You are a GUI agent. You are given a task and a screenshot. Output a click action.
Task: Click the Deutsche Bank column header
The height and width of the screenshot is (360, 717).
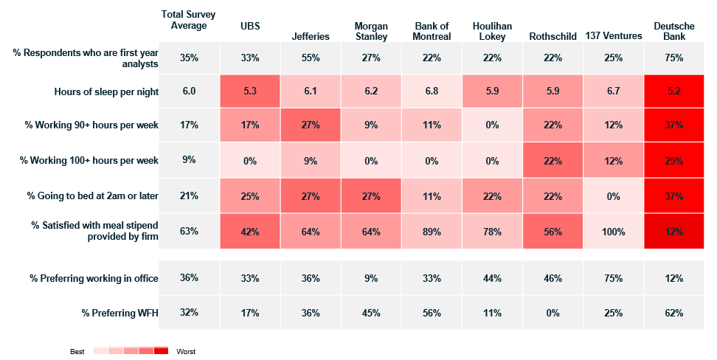point(673,31)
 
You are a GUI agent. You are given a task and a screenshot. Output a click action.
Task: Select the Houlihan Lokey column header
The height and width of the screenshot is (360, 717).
point(492,31)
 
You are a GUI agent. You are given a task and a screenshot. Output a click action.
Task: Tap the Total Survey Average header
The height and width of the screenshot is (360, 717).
point(188,20)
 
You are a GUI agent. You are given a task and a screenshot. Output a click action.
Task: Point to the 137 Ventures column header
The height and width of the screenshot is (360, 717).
point(613,35)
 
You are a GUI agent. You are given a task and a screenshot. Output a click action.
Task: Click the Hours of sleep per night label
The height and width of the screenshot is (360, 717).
point(106,91)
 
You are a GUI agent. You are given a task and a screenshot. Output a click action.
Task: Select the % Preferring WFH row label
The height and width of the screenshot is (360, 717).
point(119,313)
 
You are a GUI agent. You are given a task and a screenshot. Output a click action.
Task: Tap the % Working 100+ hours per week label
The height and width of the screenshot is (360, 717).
point(89,161)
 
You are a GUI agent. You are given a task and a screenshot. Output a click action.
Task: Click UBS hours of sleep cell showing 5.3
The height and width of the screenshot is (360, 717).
point(250,91)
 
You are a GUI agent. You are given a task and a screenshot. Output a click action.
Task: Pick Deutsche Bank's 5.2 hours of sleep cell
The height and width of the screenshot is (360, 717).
point(674,91)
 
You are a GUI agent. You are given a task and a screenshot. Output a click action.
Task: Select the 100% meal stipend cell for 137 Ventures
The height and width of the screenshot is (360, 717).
point(613,232)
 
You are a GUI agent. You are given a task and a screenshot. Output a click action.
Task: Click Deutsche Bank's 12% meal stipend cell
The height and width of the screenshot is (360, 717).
point(674,232)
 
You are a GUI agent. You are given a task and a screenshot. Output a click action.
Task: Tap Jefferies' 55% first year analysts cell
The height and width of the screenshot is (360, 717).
point(311,58)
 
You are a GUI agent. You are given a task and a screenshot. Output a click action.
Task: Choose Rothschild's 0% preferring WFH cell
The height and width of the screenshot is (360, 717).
point(553,313)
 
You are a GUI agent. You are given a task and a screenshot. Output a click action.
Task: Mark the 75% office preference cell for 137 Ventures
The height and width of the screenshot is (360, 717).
point(613,278)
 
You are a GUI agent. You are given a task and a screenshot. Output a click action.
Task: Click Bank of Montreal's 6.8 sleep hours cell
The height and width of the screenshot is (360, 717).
point(432,91)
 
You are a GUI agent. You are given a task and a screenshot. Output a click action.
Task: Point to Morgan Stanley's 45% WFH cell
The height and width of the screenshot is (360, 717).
point(371,313)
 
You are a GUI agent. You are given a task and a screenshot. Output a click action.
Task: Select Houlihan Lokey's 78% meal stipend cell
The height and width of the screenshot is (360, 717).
point(492,232)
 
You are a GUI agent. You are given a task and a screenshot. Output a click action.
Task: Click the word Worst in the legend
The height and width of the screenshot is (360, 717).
point(186,351)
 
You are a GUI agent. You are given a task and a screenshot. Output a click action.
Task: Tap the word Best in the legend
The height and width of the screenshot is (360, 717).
point(77,351)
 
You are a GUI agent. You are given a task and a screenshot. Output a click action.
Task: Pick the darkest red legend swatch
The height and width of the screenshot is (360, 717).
point(161,351)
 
